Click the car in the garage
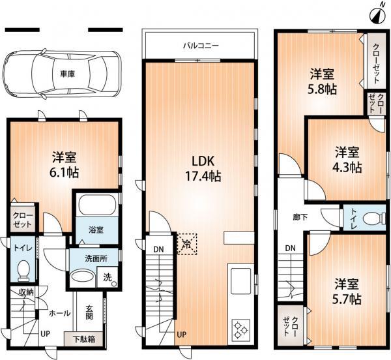point(59,74)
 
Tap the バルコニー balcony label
point(200,46)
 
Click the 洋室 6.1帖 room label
point(65,165)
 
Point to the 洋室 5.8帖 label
point(322,82)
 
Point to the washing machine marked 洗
point(108,277)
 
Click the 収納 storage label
point(25,292)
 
